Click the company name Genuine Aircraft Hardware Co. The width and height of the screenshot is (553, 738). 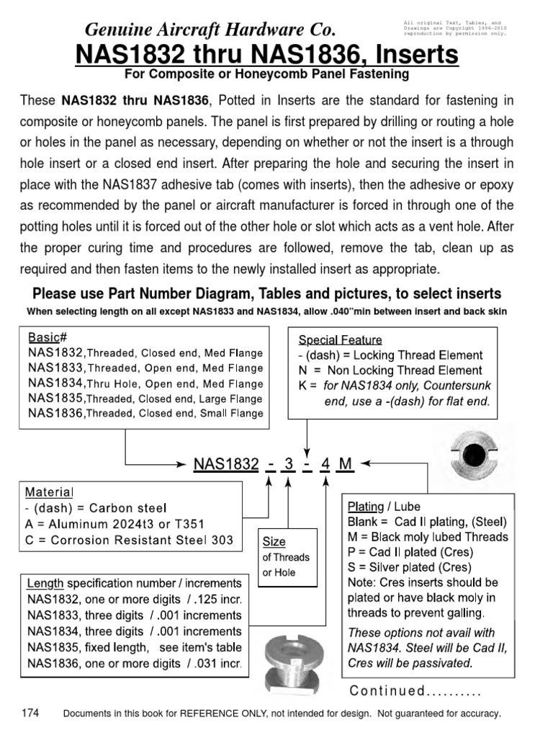pyautogui.click(x=210, y=30)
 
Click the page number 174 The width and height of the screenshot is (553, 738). pyautogui.click(x=30, y=713)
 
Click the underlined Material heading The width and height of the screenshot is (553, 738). pyautogui.click(x=49, y=492)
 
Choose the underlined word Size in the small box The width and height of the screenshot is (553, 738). pyautogui.click(x=274, y=541)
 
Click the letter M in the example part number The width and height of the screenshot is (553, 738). pyautogui.click(x=346, y=464)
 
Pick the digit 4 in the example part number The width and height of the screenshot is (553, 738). pyautogui.click(x=325, y=464)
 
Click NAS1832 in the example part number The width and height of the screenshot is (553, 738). pyautogui.click(x=226, y=464)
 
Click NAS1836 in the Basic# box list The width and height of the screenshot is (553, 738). pyautogui.click(x=56, y=413)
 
